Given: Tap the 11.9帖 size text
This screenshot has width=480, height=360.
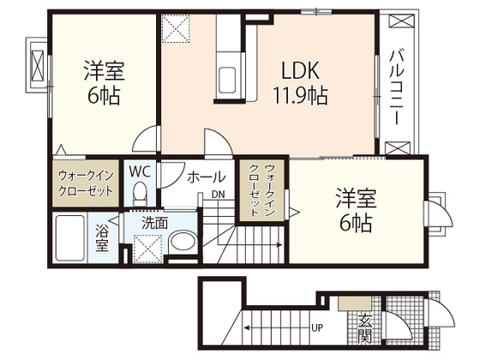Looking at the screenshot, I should (301, 94).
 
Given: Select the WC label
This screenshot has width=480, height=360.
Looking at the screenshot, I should (139, 170).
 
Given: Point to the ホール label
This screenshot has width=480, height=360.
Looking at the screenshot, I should (206, 177).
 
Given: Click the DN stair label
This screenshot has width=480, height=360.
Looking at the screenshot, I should (219, 195).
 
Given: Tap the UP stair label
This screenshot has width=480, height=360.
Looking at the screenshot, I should (317, 327).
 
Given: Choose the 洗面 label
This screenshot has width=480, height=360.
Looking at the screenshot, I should (155, 222).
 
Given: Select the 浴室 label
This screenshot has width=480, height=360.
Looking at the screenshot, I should (101, 237).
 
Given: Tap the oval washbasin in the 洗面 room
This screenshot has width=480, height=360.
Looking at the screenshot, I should (181, 243).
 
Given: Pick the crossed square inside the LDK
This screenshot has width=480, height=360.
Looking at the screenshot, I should (177, 29).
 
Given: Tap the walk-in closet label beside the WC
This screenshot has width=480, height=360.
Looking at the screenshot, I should (85, 183).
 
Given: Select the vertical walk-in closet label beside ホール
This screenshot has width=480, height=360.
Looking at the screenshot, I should (258, 194).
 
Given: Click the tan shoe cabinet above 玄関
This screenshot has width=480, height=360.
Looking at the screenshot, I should (351, 303).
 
